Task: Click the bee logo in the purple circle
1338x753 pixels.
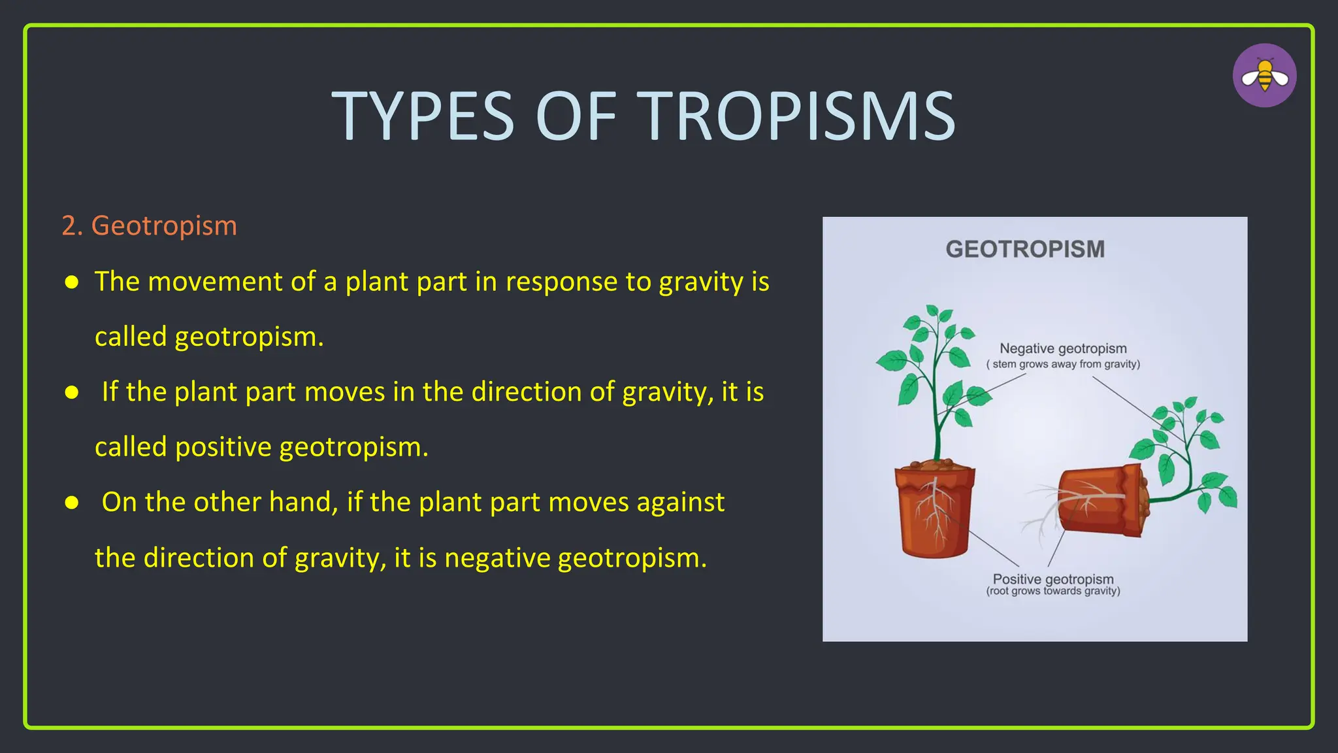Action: (1264, 76)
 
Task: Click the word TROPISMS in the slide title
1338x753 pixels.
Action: (796, 116)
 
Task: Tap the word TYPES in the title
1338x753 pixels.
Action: (423, 116)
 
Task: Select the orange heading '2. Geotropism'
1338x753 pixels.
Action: (149, 226)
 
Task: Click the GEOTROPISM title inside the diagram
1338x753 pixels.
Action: (1024, 249)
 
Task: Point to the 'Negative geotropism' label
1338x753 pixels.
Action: (1063, 348)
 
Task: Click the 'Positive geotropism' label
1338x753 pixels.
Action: (1052, 578)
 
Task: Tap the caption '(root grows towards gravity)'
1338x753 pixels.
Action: (1052, 591)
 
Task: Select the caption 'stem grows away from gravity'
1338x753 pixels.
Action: (1066, 364)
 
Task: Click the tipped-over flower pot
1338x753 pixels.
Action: (1101, 500)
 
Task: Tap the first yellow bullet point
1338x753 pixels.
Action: (72, 282)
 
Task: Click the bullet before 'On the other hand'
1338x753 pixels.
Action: (72, 502)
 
